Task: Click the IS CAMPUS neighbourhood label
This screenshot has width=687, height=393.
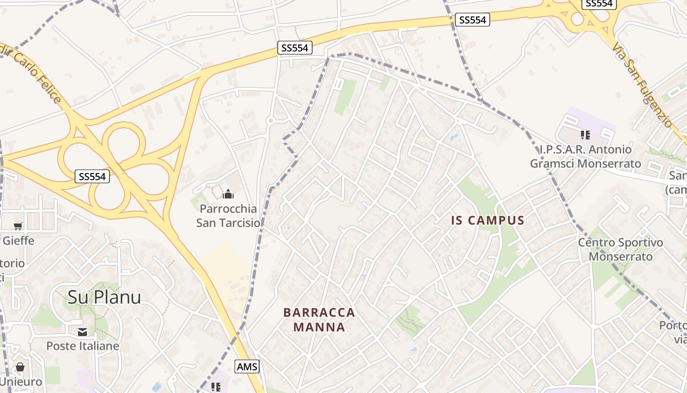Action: point(488,221)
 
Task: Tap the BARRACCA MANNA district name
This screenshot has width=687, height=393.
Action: point(319,320)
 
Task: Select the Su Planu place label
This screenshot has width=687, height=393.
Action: point(104,297)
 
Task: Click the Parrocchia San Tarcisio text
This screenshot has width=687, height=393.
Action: point(228,216)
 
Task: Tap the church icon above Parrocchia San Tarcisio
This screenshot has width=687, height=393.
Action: point(228,195)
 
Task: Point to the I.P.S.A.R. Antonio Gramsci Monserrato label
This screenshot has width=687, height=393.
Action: point(585,156)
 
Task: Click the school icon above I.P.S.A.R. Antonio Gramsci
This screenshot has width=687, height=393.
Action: point(585,135)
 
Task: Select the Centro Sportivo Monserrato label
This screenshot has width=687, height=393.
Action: point(620,250)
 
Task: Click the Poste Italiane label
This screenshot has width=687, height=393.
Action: point(82,346)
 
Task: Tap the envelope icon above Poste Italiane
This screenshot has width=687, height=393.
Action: point(82,332)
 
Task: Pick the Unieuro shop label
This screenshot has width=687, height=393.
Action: point(21,381)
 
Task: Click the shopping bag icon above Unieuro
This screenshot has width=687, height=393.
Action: point(20,367)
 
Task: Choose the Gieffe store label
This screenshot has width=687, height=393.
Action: point(18,240)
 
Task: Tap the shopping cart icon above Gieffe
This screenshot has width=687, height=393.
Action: point(18,226)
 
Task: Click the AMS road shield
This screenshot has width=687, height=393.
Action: point(247,366)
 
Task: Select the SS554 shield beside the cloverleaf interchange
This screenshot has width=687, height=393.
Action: point(92,176)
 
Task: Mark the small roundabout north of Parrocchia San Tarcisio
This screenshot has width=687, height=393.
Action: point(270,120)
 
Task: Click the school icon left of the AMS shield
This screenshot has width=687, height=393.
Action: point(215,387)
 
